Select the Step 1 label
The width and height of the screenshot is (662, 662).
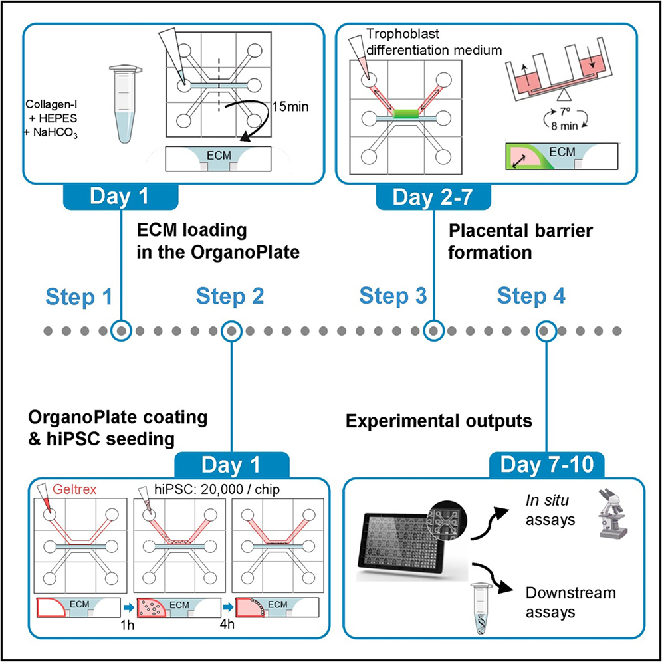(x=78, y=297)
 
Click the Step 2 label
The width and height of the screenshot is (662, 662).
(x=230, y=297)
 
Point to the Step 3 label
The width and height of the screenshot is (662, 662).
(x=393, y=297)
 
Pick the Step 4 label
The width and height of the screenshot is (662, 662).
(x=532, y=297)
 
